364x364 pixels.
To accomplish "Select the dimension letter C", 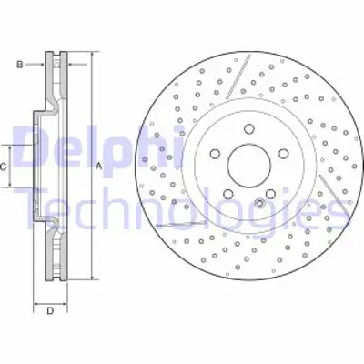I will pyautogui.click(x=5, y=167).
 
